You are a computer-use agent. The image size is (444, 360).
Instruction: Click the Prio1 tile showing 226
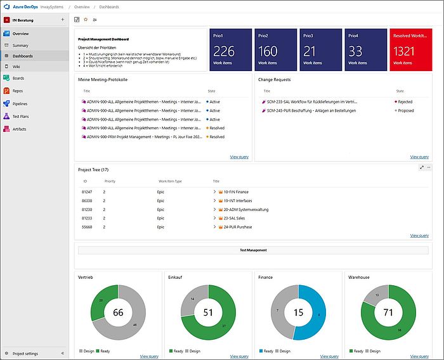(x=230, y=49)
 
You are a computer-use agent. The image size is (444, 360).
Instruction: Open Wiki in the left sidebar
(x=16, y=66)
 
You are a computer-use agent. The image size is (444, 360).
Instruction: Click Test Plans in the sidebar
(x=20, y=116)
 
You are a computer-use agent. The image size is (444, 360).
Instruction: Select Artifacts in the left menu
(x=19, y=129)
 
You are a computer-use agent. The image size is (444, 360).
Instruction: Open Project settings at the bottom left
(x=25, y=353)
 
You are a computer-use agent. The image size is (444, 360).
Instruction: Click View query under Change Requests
(x=419, y=157)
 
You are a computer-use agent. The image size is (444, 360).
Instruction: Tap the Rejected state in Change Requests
(x=405, y=101)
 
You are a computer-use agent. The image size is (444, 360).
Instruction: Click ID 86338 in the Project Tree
(x=88, y=200)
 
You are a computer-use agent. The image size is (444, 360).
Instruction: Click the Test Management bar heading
(x=252, y=250)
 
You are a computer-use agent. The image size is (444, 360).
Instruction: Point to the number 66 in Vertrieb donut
(x=118, y=312)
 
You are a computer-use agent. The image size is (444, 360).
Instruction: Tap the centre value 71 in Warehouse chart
(x=388, y=312)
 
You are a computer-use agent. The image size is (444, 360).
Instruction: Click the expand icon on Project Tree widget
(x=422, y=167)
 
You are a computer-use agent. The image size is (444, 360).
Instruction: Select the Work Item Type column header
(x=170, y=181)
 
